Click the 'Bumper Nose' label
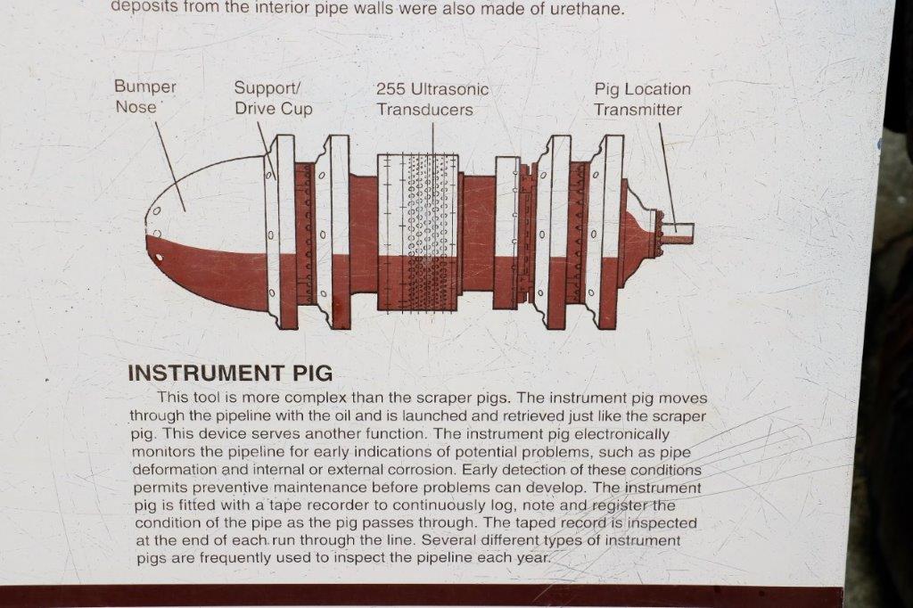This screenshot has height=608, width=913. [145, 96]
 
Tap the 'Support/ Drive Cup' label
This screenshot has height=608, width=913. [273, 98]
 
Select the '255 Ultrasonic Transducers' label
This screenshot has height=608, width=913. [432, 99]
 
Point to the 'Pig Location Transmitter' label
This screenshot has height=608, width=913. [642, 99]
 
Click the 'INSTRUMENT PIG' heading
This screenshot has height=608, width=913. [230, 373]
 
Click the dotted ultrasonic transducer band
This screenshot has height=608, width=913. [429, 233]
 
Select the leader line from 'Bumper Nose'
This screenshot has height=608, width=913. [170, 167]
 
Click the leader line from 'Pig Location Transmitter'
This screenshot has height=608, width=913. [667, 177]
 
